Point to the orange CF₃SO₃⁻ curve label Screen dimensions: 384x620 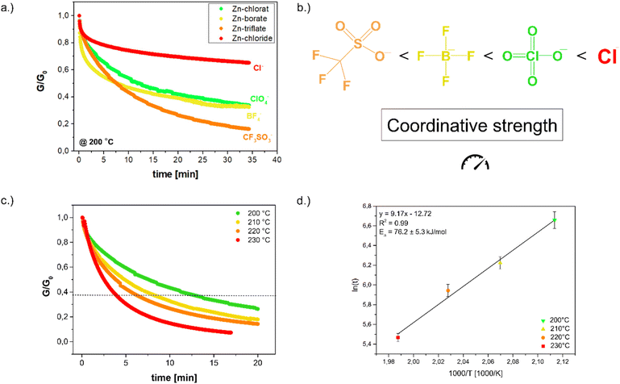(257, 138)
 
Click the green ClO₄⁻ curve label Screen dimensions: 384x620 (259, 100)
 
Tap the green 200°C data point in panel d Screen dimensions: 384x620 (555, 220)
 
